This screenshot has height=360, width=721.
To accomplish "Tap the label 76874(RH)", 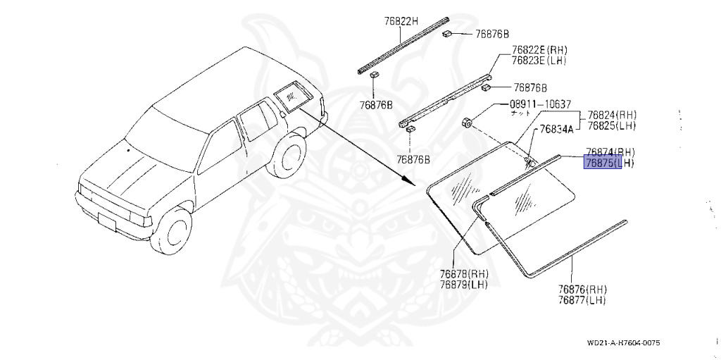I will pyautogui.click(x=610, y=152).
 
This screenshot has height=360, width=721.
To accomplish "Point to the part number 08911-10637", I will pyautogui.click(x=540, y=104).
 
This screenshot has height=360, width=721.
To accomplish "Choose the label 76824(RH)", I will pyautogui.click(x=612, y=115).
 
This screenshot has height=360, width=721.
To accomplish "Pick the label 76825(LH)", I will pyautogui.click(x=612, y=125).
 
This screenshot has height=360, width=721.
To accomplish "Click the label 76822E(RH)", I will pyautogui.click(x=539, y=50).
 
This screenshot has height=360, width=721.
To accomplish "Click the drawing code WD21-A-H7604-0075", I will pyautogui.click(x=623, y=343).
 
